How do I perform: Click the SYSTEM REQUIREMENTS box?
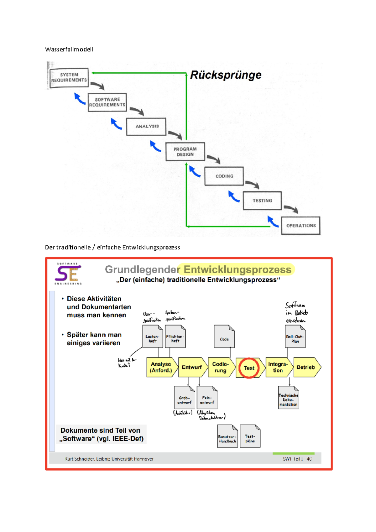pos(69,78)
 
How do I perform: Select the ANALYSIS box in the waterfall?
pos(146,126)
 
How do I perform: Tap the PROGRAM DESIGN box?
pos(185,152)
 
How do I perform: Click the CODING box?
pos(224,176)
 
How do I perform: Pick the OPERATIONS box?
pos(300,226)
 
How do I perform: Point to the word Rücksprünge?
pos(226,75)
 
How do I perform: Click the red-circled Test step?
pos(249,368)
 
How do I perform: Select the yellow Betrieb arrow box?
pos(306,367)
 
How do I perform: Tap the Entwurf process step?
pos(192,367)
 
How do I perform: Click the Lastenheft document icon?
pos(153,336)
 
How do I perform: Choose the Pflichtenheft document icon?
pos(175,336)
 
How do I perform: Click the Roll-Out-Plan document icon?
pos(295,336)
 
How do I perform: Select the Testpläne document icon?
pos(250,436)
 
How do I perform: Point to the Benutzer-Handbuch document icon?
pos(227,436)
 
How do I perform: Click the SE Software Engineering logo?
pos(68,274)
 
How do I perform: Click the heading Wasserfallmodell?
pos(69,49)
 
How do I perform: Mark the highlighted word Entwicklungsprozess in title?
pos(237,269)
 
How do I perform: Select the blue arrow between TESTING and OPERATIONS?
pos(273,221)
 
